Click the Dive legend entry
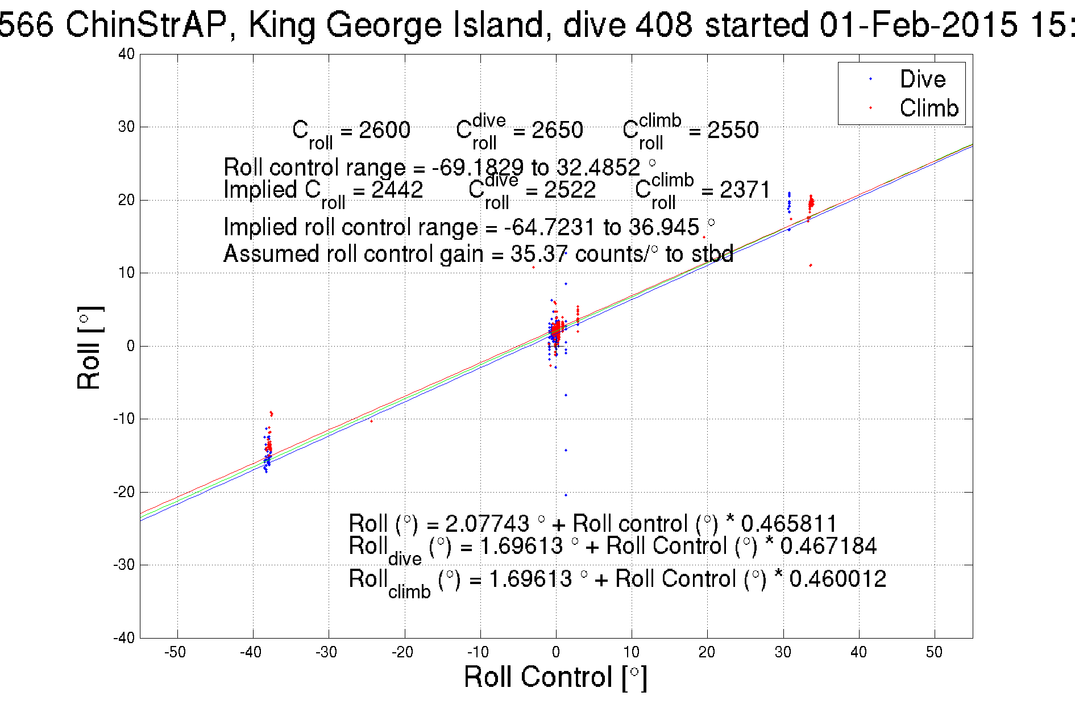pos(922,79)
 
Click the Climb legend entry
pos(928,108)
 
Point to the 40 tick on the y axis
pos(126,54)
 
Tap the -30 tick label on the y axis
pos(124,565)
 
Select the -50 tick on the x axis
pos(176,652)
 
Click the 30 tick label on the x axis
pos(783,652)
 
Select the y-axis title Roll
pos(89,348)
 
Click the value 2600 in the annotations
pos(384,130)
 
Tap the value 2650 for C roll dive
pos(557,130)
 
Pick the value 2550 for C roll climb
pos(732,130)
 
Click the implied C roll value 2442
pos(397,190)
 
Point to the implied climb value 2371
pos(745,190)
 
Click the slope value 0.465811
pos(789,523)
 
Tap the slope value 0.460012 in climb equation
pos(837,579)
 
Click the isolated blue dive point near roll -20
pos(566,495)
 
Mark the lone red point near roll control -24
pos(371,421)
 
